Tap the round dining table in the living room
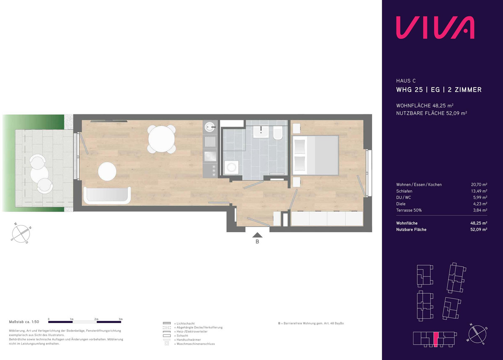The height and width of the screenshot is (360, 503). tap(161, 139)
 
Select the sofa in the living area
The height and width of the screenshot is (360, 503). tap(107, 195)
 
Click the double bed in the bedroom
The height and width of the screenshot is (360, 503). tap(315, 155)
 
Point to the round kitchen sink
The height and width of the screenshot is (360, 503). tap(210, 127)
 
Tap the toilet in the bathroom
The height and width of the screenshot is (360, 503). tap(279, 133)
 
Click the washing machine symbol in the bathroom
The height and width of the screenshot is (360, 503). tap(231, 167)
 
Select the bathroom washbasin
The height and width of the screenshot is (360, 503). tap(261, 132)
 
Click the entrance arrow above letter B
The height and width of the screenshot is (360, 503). tap(257, 235)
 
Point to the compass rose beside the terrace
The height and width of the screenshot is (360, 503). tap(21, 233)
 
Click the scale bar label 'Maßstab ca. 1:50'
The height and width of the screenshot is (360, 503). tap(24, 322)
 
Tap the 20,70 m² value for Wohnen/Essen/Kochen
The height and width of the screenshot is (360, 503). tap(479, 184)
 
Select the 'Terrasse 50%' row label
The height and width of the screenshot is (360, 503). tap(409, 210)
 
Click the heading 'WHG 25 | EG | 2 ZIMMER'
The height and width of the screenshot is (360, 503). tap(439, 90)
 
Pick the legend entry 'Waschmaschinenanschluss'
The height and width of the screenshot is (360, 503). tap(196, 344)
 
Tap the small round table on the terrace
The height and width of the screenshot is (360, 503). tap(39, 174)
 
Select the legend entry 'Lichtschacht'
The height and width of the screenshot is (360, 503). tap(185, 324)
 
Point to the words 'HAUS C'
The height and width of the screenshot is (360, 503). tap(406, 81)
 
